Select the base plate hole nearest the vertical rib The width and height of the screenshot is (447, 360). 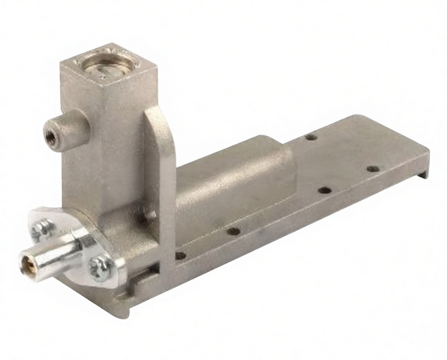point(180,256)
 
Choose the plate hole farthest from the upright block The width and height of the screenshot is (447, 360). point(373,169)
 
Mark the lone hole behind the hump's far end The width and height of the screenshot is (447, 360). point(311,137)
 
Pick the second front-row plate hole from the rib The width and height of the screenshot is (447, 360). point(233,231)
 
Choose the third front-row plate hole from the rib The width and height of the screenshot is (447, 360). point(324,190)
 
